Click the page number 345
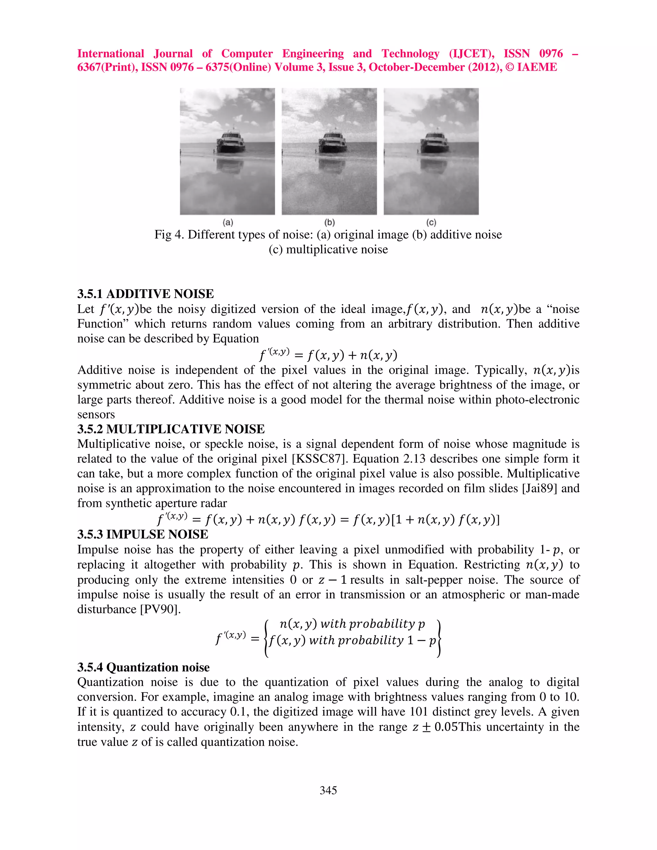[328, 790]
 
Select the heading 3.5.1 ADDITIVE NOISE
[146, 294]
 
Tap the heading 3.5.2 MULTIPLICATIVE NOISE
[171, 429]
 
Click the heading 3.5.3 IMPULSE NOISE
[142, 534]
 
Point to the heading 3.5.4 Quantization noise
[143, 667]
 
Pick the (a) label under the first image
[228, 223]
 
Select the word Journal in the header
[173, 54]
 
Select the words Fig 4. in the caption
[170, 235]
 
